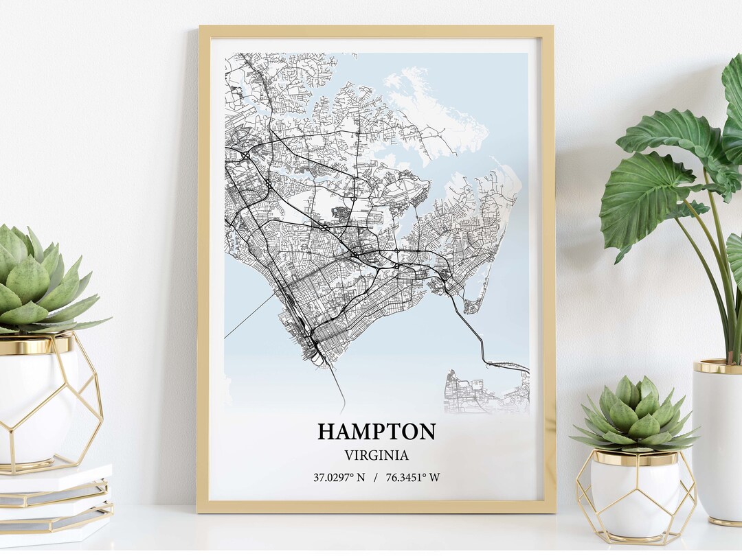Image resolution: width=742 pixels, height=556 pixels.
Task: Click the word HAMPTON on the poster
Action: [x=376, y=432]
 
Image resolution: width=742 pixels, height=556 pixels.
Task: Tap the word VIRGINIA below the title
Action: [x=376, y=455]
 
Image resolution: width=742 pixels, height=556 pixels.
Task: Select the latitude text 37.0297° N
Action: [x=339, y=477]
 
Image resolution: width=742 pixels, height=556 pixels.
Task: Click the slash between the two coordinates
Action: [x=376, y=477]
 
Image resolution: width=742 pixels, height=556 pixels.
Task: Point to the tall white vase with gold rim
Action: [x=718, y=439]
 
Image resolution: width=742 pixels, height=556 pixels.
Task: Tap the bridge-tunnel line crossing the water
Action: [x=474, y=336]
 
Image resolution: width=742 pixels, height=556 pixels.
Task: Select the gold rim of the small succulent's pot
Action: [x=636, y=458]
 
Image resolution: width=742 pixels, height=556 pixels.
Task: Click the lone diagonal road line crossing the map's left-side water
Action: [x=249, y=317]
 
